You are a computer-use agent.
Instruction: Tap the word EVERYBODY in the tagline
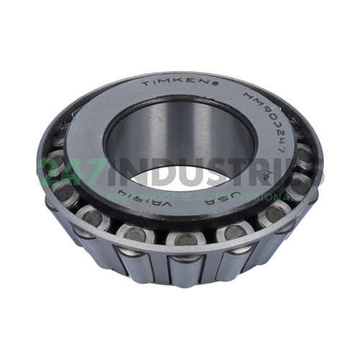click(x=150, y=195)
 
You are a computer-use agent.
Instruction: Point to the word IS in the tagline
click(x=195, y=195)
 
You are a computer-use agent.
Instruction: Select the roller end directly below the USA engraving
click(x=230, y=232)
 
